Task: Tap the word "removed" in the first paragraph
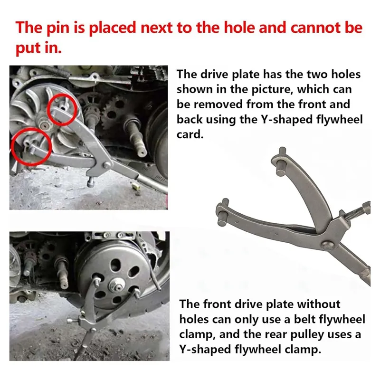click(x=217, y=104)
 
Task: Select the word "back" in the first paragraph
click(x=190, y=119)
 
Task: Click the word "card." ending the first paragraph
click(x=190, y=134)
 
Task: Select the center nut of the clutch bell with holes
click(x=116, y=286)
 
